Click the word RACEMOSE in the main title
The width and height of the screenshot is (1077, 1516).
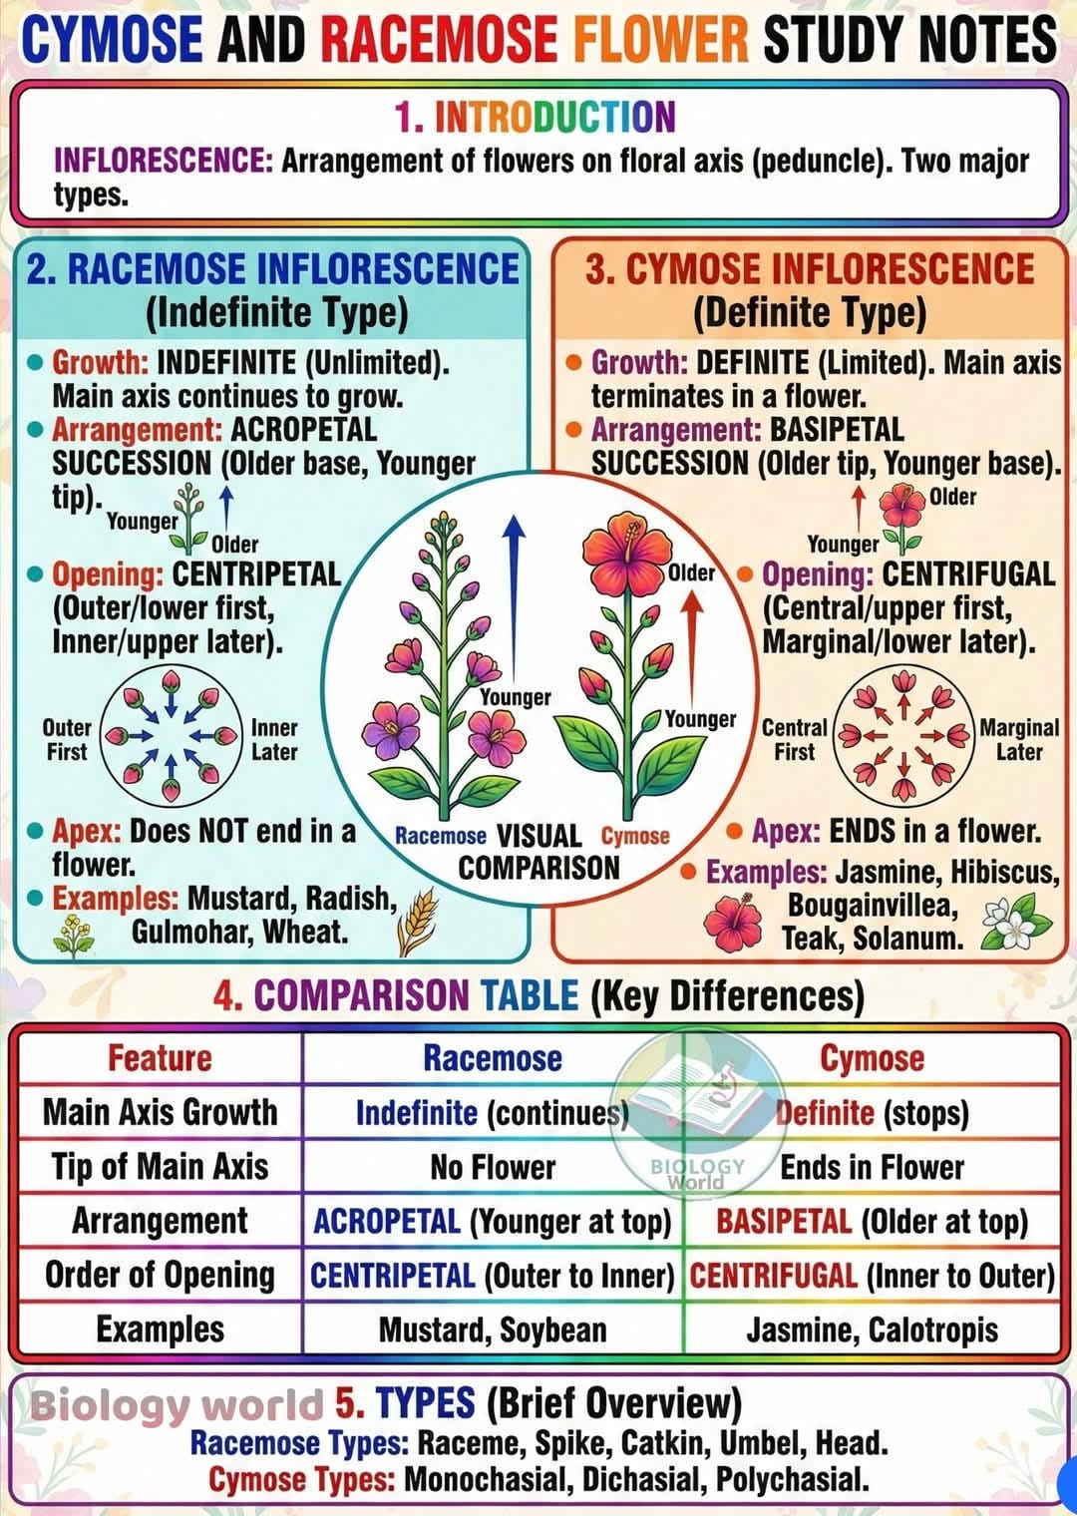coord(440,39)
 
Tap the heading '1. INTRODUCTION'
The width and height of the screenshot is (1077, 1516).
coord(536,117)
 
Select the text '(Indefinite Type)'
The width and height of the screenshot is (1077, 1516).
coord(277,313)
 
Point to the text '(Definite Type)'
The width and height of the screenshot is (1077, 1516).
coord(810,313)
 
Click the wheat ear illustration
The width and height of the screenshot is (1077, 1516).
coord(418,921)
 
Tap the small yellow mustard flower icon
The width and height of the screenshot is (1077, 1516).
coord(73,936)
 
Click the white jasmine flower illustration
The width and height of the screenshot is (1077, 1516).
coord(1015,922)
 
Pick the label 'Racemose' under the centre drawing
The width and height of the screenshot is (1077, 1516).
coord(441,837)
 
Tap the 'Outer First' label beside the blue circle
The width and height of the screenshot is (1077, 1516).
coord(67,740)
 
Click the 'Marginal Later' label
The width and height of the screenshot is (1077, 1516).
coord(1019,740)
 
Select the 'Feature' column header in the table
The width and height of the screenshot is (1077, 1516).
coord(161,1058)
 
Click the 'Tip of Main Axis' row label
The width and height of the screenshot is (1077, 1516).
coord(161,1167)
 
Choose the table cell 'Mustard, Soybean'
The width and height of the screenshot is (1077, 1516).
coord(493,1329)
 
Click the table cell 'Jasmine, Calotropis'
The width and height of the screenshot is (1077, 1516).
coord(872,1329)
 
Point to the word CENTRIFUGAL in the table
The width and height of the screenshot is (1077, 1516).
coord(774,1277)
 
